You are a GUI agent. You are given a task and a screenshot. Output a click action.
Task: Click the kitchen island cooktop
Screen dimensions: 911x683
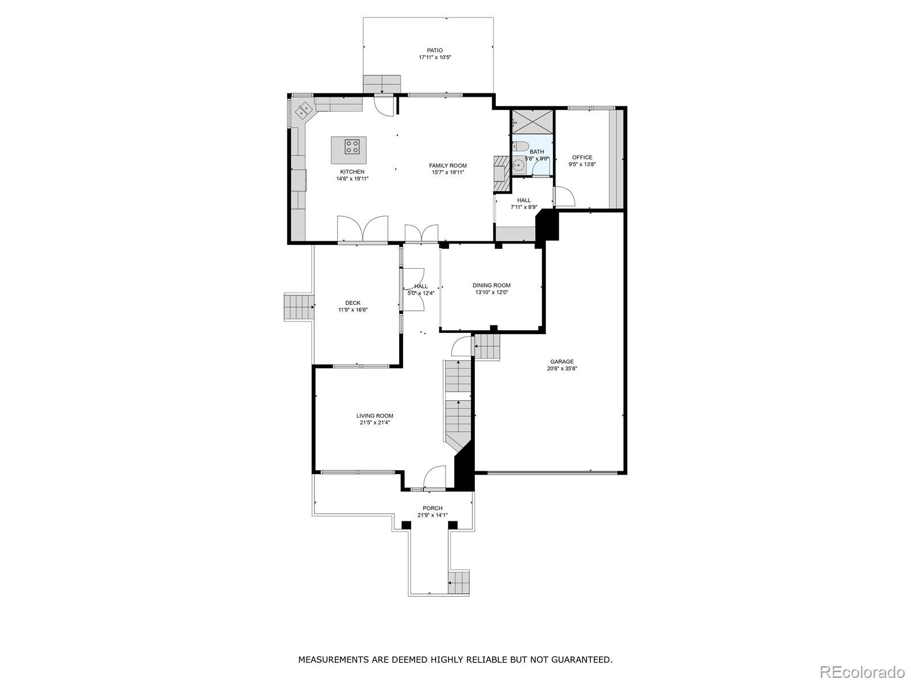(352, 146)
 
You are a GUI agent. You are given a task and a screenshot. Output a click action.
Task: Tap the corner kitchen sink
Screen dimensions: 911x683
(304, 109)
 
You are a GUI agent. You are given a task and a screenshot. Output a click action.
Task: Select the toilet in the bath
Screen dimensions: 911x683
(520, 146)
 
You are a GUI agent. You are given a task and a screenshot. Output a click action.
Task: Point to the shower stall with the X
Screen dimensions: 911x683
(532, 121)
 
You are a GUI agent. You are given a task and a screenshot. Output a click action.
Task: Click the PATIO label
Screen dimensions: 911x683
(434, 51)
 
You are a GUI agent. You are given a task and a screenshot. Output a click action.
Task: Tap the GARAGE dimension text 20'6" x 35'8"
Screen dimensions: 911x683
(562, 368)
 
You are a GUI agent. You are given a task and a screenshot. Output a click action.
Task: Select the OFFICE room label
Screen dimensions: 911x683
(582, 157)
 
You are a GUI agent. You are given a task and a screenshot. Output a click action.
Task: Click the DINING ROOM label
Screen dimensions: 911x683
(491, 285)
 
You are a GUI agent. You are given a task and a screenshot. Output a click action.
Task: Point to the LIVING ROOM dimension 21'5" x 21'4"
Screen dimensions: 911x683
(375, 422)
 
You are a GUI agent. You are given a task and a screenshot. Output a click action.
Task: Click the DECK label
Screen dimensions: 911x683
(353, 303)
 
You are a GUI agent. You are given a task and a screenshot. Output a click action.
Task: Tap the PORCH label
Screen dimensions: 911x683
(433, 508)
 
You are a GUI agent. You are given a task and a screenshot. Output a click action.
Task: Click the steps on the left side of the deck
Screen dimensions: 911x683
(298, 307)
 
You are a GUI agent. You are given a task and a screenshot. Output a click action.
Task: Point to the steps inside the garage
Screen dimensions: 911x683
(487, 347)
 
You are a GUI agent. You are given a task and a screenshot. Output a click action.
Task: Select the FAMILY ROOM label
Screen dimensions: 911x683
(448, 166)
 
